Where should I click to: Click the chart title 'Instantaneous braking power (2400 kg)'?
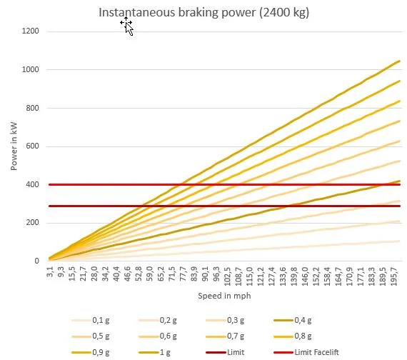pyautogui.click(x=204, y=12)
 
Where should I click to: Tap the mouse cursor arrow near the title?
pyautogui.click(x=129, y=28)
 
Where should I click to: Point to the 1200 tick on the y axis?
pyautogui.click(x=31, y=31)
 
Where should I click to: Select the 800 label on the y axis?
pyautogui.click(x=32, y=108)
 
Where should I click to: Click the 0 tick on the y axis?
pyautogui.click(x=36, y=261)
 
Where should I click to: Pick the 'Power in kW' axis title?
pyautogui.click(x=14, y=146)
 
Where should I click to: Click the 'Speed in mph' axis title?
pyautogui.click(x=224, y=296)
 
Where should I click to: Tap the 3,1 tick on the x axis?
pyautogui.click(x=50, y=271)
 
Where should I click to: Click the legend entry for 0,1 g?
pyautogui.click(x=91, y=320)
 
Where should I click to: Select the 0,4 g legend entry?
pyautogui.click(x=293, y=320)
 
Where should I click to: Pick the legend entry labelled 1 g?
pyautogui.click(x=155, y=352)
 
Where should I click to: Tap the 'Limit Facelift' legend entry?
pyautogui.click(x=306, y=352)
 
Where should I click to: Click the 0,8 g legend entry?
pyautogui.click(x=293, y=336)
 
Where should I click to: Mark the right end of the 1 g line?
pyautogui.click(x=399, y=61)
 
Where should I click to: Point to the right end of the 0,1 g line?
pyautogui.click(x=399, y=241)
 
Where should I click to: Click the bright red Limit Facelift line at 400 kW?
pyautogui.click(x=224, y=185)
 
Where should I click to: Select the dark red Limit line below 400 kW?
pyautogui.click(x=224, y=206)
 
